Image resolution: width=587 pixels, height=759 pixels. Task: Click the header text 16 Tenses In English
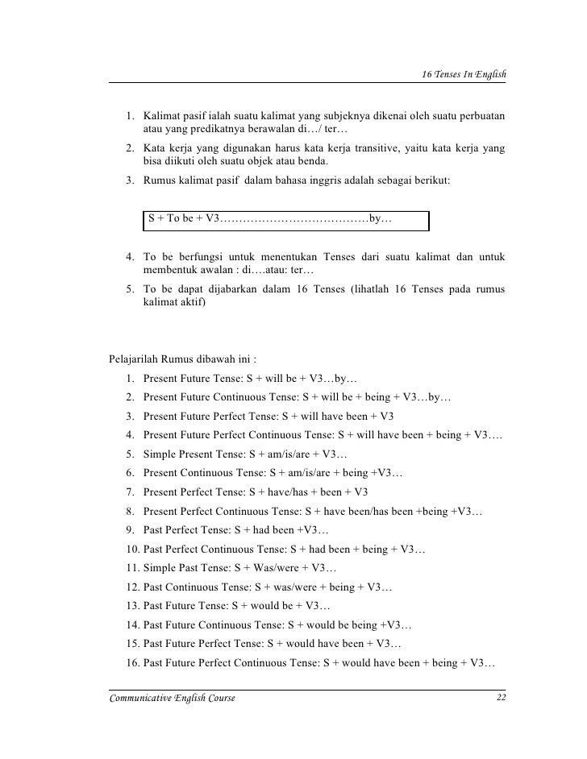click(x=464, y=73)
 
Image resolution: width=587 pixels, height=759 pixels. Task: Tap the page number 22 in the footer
click(x=501, y=698)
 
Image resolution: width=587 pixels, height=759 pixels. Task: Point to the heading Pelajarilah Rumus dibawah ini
click(x=182, y=359)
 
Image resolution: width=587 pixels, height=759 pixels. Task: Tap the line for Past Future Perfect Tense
click(x=264, y=644)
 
